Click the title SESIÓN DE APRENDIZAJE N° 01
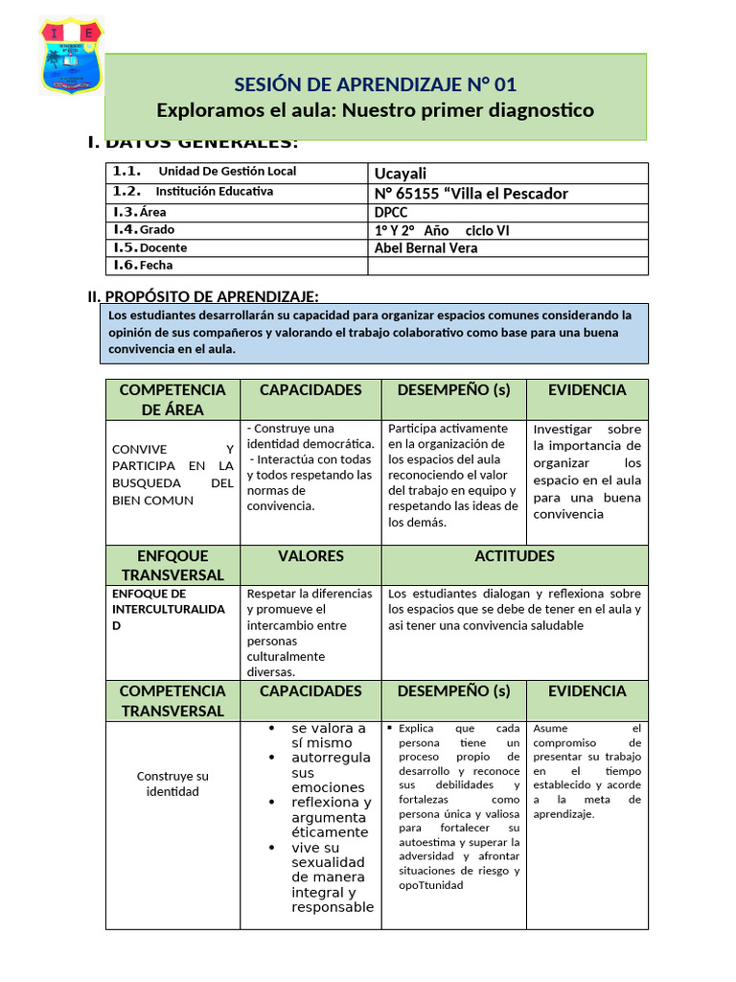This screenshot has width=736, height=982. (x=376, y=83)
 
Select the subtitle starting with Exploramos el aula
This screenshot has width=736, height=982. (x=376, y=110)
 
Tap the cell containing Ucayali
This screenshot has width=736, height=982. (x=507, y=173)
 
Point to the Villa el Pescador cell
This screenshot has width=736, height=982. (x=507, y=193)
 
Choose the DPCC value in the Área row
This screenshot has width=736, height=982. (x=507, y=212)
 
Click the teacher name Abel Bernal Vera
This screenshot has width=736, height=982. (x=507, y=247)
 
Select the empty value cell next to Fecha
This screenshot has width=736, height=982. (x=507, y=266)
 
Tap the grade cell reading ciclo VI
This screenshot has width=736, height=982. (x=507, y=230)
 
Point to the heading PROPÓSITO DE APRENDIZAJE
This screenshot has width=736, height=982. (x=211, y=296)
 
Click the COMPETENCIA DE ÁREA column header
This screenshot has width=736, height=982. (x=172, y=399)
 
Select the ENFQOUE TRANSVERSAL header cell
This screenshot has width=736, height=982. (x=172, y=565)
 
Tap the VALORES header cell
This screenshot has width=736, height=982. (x=310, y=556)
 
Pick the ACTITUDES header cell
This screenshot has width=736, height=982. (x=515, y=556)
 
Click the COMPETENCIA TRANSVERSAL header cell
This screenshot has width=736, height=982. (x=172, y=701)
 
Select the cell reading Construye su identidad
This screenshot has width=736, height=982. (x=172, y=783)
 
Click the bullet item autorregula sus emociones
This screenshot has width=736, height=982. (x=331, y=773)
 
